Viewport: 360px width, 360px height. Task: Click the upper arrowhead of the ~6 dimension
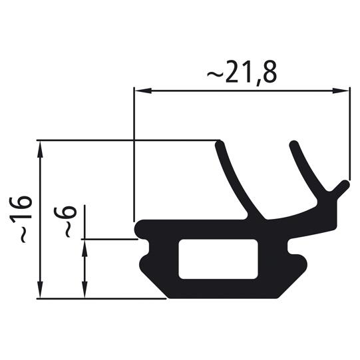point(84,244)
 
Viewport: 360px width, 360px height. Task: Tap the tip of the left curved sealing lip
point(220,144)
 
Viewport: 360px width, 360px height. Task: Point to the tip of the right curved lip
point(293,145)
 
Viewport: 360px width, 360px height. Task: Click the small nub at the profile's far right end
point(343,185)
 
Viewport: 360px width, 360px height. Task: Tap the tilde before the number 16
point(21,236)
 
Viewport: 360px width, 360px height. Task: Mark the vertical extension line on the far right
point(349,133)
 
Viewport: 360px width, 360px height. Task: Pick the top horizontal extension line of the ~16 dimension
point(126,140)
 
